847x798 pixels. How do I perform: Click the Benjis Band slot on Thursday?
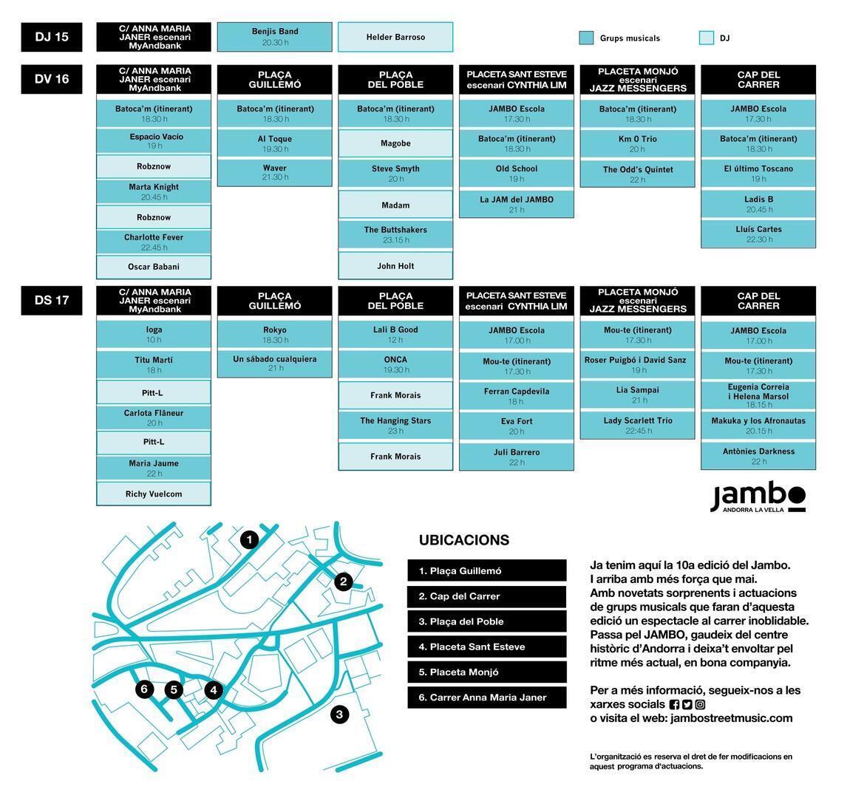(274, 37)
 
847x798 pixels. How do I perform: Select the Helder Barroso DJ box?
(395, 37)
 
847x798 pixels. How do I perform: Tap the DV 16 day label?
(52, 79)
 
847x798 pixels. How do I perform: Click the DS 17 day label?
(52, 300)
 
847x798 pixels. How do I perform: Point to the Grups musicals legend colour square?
(586, 38)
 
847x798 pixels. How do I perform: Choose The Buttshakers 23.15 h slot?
(395, 234)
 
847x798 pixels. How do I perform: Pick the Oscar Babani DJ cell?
(154, 267)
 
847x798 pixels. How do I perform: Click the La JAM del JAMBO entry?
(517, 204)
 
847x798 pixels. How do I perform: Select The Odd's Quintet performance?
(637, 174)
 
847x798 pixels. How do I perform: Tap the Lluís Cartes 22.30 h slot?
(758, 233)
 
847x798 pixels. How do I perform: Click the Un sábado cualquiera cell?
(274, 364)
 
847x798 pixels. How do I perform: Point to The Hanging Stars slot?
(395, 425)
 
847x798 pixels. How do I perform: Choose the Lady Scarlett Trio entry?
(637, 425)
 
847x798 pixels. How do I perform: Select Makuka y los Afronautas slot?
(758, 426)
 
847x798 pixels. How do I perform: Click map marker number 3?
(339, 715)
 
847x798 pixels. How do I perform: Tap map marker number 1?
(249, 539)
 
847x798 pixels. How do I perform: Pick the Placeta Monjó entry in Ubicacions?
(487, 672)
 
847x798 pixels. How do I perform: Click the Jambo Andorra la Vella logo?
(758, 497)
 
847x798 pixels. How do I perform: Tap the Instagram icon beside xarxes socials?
(700, 705)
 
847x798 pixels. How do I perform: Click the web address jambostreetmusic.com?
(732, 718)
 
